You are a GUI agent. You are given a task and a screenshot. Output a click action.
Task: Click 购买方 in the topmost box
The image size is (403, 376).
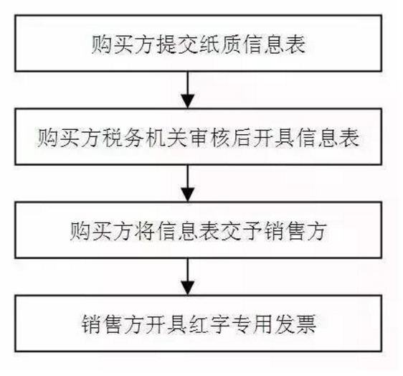123,44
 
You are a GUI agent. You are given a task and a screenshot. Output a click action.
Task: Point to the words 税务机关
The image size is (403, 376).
145,138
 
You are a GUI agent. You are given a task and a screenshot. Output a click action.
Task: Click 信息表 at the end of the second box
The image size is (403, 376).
327,138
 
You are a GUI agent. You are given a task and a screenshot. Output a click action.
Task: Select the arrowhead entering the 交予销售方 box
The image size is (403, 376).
188,195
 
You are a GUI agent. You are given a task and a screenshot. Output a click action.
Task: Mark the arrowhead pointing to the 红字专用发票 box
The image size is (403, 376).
188,288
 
